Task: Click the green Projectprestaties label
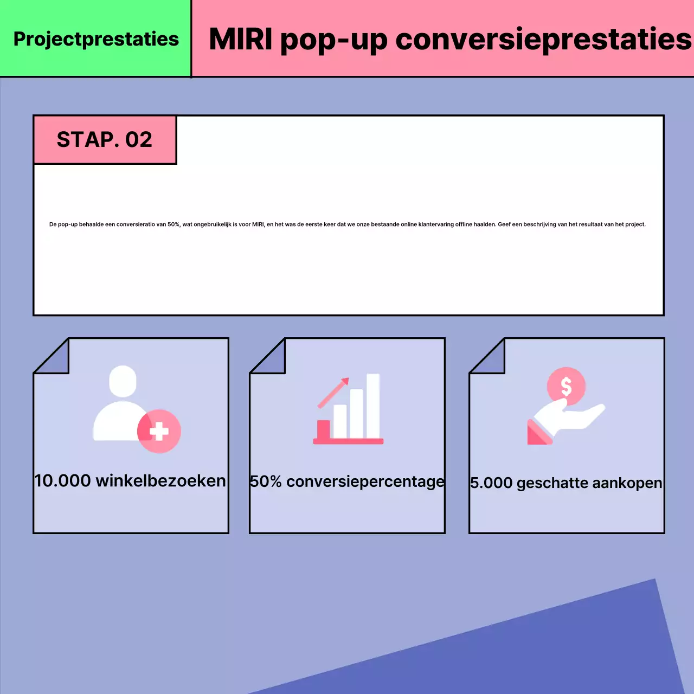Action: [x=96, y=39]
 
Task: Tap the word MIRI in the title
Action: [x=240, y=40]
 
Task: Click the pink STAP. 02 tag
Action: [x=105, y=140]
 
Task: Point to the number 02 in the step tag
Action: [x=139, y=140]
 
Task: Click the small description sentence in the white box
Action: [x=347, y=224]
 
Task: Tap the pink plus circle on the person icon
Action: [x=159, y=432]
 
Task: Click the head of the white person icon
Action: [x=123, y=381]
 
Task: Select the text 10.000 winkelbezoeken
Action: [x=130, y=481]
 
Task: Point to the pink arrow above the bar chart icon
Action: [x=334, y=393]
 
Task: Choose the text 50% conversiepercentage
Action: [x=347, y=481]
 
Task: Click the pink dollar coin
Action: [x=566, y=387]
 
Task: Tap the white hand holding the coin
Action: [x=569, y=417]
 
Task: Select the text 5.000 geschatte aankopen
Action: [x=566, y=483]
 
